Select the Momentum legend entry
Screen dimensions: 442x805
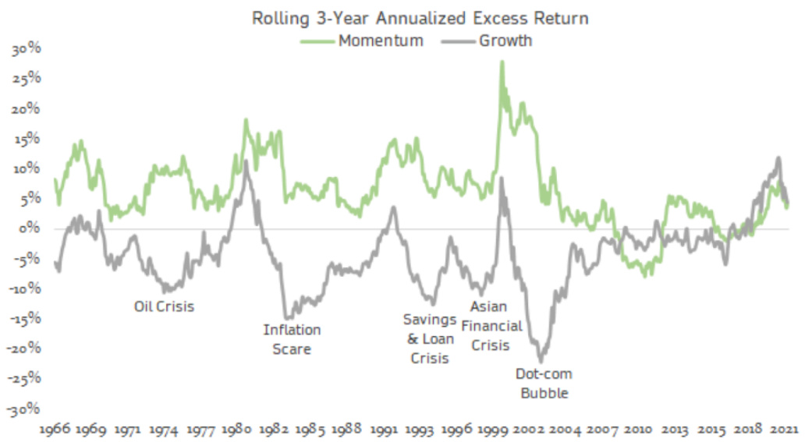pos(380,41)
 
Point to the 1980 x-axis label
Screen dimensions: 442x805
pos(236,429)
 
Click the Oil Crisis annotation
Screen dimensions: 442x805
pos(165,306)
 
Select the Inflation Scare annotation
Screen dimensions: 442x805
pos(292,339)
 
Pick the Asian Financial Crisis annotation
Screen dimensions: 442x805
pos(496,325)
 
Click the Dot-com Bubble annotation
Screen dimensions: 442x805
pos(544,384)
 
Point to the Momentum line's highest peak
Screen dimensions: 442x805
pos(502,62)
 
